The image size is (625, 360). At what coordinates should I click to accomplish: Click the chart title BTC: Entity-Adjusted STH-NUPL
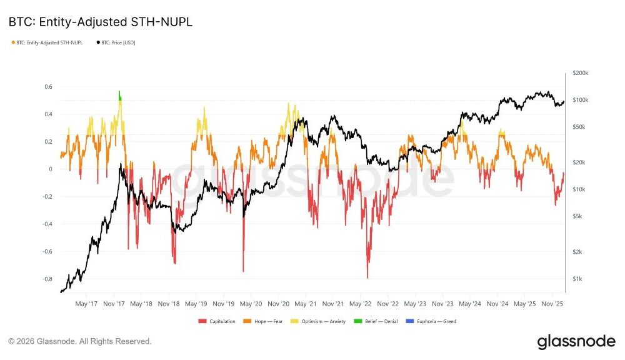tap(100, 22)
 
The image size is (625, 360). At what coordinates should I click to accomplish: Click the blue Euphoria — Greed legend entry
tap(437, 321)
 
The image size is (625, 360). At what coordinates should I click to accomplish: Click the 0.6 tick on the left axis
tap(48, 87)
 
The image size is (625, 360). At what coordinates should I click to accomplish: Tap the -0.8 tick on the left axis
tap(47, 279)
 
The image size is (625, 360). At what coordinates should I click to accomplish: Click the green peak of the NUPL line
tap(119, 94)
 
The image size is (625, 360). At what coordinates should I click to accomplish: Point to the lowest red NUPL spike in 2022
tap(367, 277)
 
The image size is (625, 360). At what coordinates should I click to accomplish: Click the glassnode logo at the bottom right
tap(576, 342)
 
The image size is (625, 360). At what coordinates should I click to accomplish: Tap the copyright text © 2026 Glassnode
tap(80, 341)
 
